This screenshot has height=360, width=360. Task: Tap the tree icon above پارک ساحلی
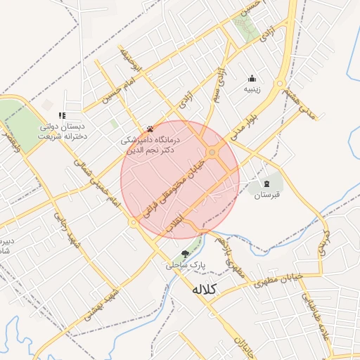(185, 255)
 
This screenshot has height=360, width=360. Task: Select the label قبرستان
(267, 195)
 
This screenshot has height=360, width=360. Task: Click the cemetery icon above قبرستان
(266, 184)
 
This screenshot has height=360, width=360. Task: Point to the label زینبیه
(252, 89)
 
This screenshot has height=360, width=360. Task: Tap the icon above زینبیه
(252, 78)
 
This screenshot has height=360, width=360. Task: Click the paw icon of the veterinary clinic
(150, 129)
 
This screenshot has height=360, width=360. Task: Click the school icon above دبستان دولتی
(62, 115)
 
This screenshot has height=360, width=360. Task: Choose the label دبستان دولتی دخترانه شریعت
(62, 131)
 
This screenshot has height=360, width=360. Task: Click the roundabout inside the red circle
(212, 153)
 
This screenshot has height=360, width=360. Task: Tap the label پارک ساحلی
(183, 266)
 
